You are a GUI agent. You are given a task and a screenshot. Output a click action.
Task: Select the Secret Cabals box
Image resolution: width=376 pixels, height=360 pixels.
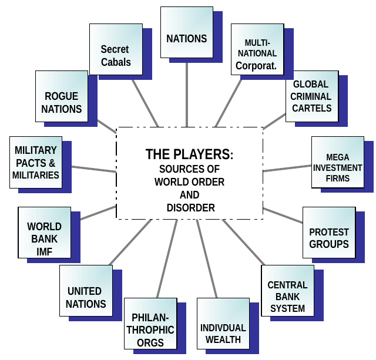point(116,55)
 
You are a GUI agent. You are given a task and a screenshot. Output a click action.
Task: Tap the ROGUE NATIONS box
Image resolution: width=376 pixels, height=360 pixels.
point(62,102)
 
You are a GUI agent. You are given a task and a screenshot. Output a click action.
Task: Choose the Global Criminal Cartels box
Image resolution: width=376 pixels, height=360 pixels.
point(311,96)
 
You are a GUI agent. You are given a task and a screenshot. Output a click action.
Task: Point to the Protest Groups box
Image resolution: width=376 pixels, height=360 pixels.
point(329,238)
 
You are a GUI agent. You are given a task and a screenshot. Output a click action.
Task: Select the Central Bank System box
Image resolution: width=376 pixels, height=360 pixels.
point(287,297)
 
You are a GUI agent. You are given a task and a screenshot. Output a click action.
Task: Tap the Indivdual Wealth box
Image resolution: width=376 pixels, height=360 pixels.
point(223,333)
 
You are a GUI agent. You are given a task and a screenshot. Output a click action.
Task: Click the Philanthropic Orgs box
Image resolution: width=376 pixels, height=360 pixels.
point(149,329)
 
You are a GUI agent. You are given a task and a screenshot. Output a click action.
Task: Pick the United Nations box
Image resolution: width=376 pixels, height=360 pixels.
point(86,297)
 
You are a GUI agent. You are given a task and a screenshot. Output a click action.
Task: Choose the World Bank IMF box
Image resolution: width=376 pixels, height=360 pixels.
point(44,238)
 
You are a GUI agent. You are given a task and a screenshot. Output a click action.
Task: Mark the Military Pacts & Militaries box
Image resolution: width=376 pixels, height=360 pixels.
point(36,163)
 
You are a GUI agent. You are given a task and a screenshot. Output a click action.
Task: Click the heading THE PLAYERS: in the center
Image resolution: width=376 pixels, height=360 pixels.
point(189,154)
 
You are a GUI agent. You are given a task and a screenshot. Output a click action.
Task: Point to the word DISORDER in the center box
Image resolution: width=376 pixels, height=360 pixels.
point(189,208)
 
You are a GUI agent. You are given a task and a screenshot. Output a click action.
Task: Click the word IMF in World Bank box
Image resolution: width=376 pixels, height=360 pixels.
point(44,251)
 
